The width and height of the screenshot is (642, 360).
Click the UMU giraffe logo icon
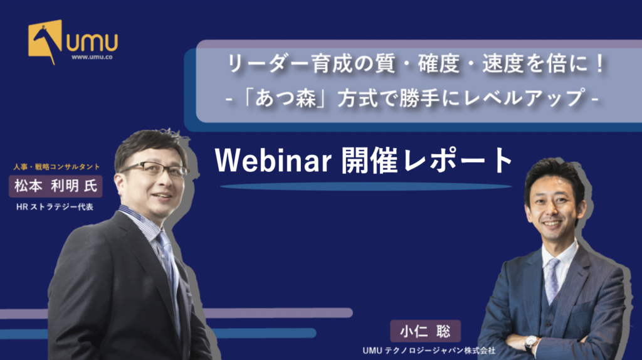click(45, 41)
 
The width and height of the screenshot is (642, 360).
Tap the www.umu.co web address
click(92, 57)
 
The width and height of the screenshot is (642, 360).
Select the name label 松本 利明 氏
click(56, 186)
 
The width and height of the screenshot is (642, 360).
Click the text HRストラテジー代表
click(55, 207)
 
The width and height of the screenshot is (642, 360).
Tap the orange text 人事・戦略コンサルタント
click(56, 167)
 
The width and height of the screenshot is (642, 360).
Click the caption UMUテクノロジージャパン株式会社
click(429, 351)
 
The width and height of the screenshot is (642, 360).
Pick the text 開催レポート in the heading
click(427, 161)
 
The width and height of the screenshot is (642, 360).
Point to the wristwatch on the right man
click(531, 341)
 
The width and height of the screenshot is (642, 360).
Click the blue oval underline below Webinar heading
click(366, 187)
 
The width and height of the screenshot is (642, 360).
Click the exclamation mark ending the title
click(600, 64)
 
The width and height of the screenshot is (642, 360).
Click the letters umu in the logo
click(92, 42)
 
